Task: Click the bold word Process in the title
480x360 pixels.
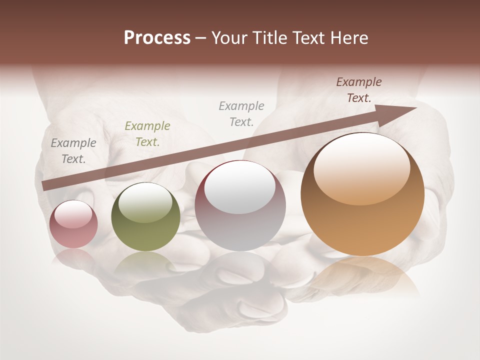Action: (157, 38)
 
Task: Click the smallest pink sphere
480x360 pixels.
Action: (73, 224)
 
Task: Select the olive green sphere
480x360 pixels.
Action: (145, 217)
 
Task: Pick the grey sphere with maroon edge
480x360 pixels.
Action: (240, 205)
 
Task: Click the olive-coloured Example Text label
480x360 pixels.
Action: (147, 134)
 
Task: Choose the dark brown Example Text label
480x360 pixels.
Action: (359, 90)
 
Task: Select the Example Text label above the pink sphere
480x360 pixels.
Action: (73, 151)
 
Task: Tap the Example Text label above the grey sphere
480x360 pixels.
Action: (241, 113)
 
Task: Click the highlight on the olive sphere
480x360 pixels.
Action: (145, 202)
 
